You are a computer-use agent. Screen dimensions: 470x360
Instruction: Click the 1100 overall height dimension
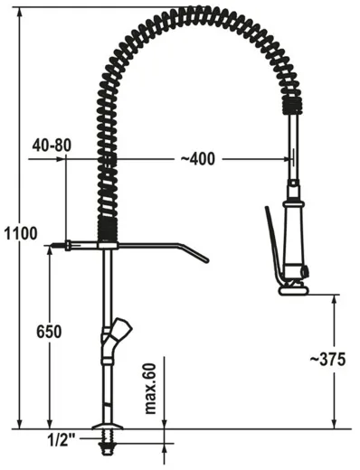point(19,233)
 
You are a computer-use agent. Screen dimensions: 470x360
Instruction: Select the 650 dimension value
point(49,332)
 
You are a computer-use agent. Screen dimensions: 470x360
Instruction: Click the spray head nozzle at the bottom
point(294,288)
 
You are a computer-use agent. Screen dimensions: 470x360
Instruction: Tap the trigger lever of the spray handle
point(269,244)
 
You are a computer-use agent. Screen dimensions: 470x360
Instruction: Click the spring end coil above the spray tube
point(290,108)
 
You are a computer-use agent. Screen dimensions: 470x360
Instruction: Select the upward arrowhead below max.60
point(165,436)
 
